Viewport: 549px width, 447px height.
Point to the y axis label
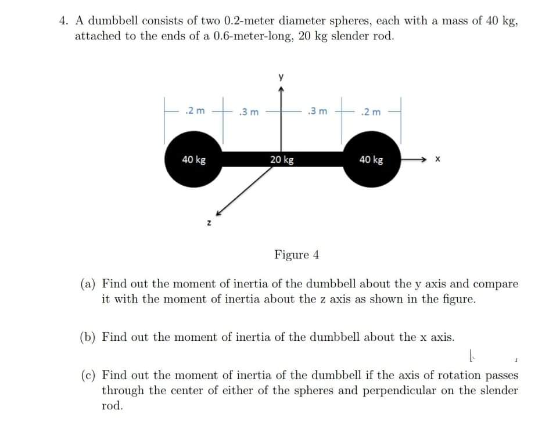(281, 76)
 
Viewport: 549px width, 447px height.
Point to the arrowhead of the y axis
(281, 88)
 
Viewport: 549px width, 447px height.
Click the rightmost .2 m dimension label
(371, 111)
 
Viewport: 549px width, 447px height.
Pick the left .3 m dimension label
(250, 111)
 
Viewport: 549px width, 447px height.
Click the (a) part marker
(88, 284)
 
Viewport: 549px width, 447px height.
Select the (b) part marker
(88, 337)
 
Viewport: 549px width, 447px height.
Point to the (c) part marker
(88, 376)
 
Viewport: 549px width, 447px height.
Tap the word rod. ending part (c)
(113, 406)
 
